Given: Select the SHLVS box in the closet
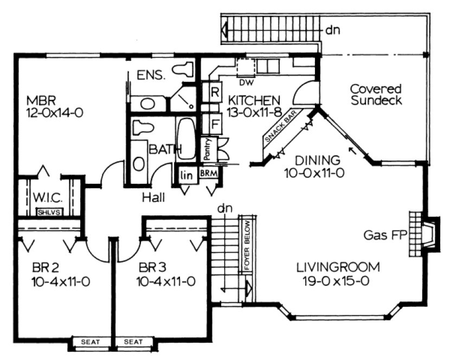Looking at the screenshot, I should pos(48,212).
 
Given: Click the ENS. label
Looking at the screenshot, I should pos(151,75).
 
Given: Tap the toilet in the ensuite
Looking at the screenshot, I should pos(183,69).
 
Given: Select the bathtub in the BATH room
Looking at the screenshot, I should pos(185,138).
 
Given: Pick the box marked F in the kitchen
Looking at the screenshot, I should pos(214,123).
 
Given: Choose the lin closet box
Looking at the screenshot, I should pos(187,174).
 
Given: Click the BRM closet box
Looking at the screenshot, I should pos(208,173).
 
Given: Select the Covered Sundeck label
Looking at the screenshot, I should pos(375,94).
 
